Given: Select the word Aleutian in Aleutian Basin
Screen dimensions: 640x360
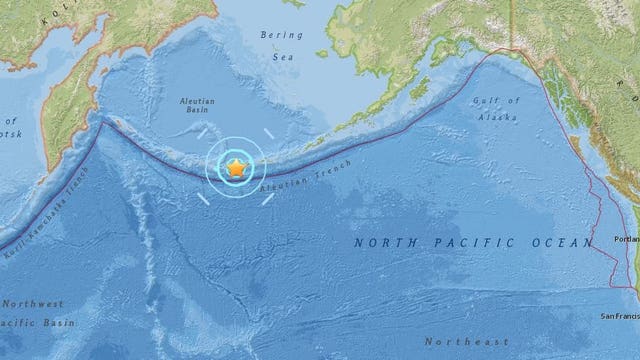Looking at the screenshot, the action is coord(196,101).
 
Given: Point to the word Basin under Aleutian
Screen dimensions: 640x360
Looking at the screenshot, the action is coord(196,114).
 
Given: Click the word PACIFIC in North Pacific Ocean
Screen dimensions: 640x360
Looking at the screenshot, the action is coord(458,243).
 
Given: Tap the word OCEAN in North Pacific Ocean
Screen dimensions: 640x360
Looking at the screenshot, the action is coord(539,243).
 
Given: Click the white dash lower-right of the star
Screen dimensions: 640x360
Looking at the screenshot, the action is coord(267,196).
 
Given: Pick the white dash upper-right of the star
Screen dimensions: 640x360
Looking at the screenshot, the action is coord(267,134).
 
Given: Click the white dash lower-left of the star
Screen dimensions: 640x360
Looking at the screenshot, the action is coord(203,197).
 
